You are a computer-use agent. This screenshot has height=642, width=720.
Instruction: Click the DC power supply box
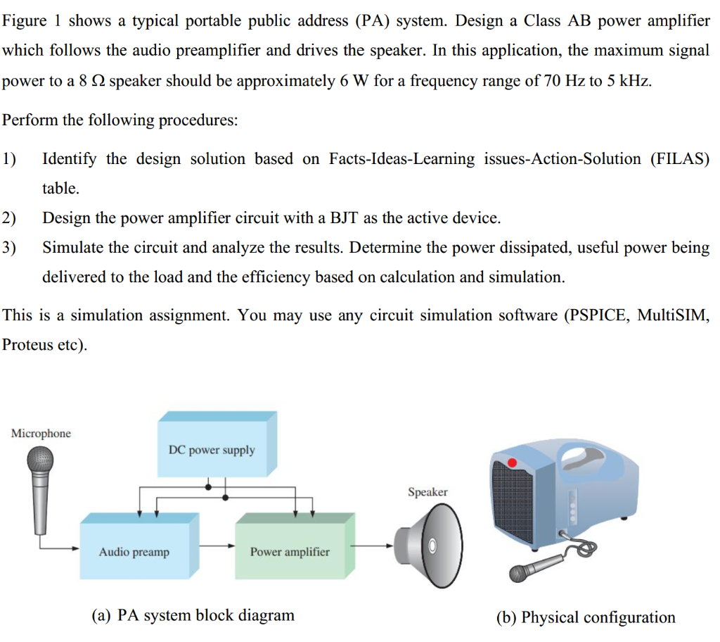click(x=212, y=449)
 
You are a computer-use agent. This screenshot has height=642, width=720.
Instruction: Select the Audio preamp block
click(x=134, y=551)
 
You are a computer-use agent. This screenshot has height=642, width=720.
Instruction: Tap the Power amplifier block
click(x=290, y=551)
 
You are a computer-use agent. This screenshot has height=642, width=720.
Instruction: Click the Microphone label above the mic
click(x=41, y=433)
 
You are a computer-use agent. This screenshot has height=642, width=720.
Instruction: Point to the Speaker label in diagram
click(x=427, y=492)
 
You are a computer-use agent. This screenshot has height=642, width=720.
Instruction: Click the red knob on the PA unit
click(x=513, y=462)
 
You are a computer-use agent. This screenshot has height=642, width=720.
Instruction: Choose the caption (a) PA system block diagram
click(x=193, y=615)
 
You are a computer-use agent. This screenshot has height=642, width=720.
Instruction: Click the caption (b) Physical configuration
click(x=586, y=617)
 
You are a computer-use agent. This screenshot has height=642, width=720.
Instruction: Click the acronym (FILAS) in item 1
click(x=680, y=158)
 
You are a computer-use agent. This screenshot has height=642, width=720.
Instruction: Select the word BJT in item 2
click(x=345, y=218)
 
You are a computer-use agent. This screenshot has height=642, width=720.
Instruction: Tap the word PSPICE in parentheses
click(x=598, y=315)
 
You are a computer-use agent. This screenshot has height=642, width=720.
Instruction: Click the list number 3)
click(x=11, y=248)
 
